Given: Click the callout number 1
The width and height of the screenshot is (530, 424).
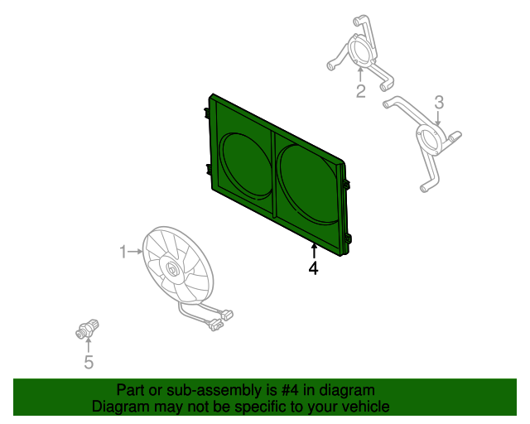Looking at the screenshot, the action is click(x=123, y=252).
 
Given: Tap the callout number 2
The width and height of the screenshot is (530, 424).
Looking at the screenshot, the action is click(x=361, y=91).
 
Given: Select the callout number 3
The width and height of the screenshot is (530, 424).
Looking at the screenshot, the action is click(x=439, y=102).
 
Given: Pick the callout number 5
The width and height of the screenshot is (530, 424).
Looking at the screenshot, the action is click(x=89, y=362).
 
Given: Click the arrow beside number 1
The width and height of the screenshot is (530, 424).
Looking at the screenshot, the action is click(x=136, y=252).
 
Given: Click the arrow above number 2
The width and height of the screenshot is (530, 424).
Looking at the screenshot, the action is click(x=360, y=75).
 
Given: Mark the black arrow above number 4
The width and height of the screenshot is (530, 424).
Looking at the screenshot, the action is click(x=314, y=251).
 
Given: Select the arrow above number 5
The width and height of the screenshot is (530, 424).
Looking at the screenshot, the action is click(x=89, y=345).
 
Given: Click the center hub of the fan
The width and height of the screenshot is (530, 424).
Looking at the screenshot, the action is click(x=171, y=269).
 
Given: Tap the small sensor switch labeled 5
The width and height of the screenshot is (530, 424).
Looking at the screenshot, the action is click(x=87, y=329).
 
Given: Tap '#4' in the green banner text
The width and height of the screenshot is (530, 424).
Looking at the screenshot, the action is click(x=291, y=390).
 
